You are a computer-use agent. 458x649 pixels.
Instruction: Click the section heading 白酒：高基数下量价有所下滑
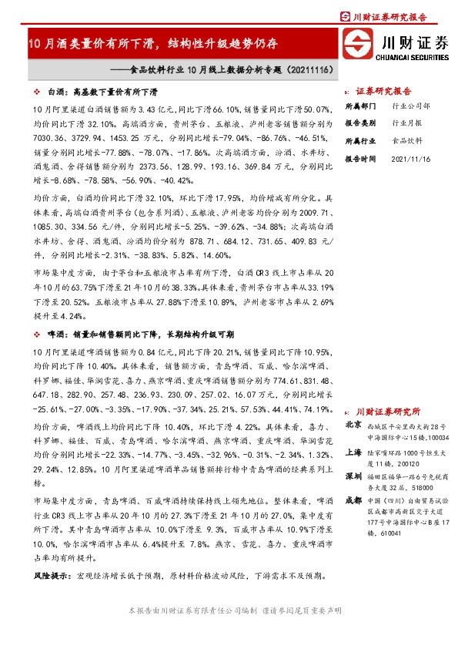click(99, 89)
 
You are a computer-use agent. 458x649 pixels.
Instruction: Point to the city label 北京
click(353, 425)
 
